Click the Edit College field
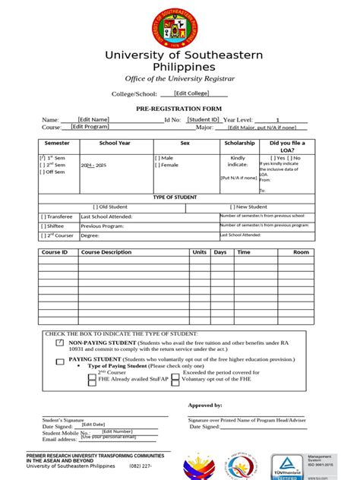point(191,93)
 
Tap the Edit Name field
point(93,119)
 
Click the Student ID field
point(204,119)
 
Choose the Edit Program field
point(90,127)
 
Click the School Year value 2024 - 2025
point(94,165)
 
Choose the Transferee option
point(56,216)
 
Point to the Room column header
point(302,252)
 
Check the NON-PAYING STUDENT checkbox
point(60,343)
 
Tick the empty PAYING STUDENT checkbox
point(60,361)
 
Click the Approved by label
point(204,406)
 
